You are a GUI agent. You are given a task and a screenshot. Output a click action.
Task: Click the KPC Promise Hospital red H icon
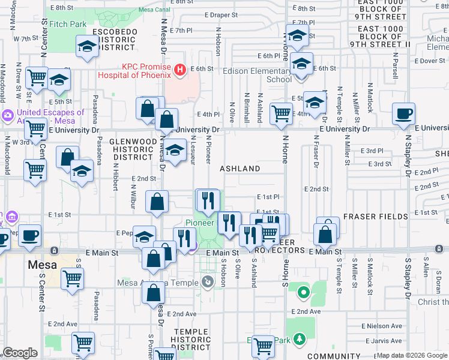click(x=179, y=71)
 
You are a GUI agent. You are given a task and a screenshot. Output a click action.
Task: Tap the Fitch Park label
click(x=68, y=25)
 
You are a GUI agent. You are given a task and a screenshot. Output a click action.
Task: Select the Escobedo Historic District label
click(x=114, y=39)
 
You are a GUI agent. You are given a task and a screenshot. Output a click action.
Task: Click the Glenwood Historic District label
click(x=131, y=149)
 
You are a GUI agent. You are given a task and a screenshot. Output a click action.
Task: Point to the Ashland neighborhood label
click(x=240, y=169)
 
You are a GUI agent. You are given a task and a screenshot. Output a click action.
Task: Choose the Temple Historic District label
click(x=191, y=339)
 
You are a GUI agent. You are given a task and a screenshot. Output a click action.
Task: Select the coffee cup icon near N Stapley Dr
click(x=405, y=113)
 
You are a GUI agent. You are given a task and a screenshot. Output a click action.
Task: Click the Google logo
click(x=20, y=353)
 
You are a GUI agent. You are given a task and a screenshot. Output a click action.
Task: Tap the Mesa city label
click(x=42, y=265)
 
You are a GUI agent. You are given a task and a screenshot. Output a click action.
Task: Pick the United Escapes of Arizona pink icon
click(x=8, y=115)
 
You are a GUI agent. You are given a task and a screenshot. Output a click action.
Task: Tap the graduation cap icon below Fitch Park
click(x=87, y=46)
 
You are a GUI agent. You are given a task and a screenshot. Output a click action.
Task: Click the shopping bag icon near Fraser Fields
click(x=325, y=234)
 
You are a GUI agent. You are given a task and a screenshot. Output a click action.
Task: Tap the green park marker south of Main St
click(x=304, y=293)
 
